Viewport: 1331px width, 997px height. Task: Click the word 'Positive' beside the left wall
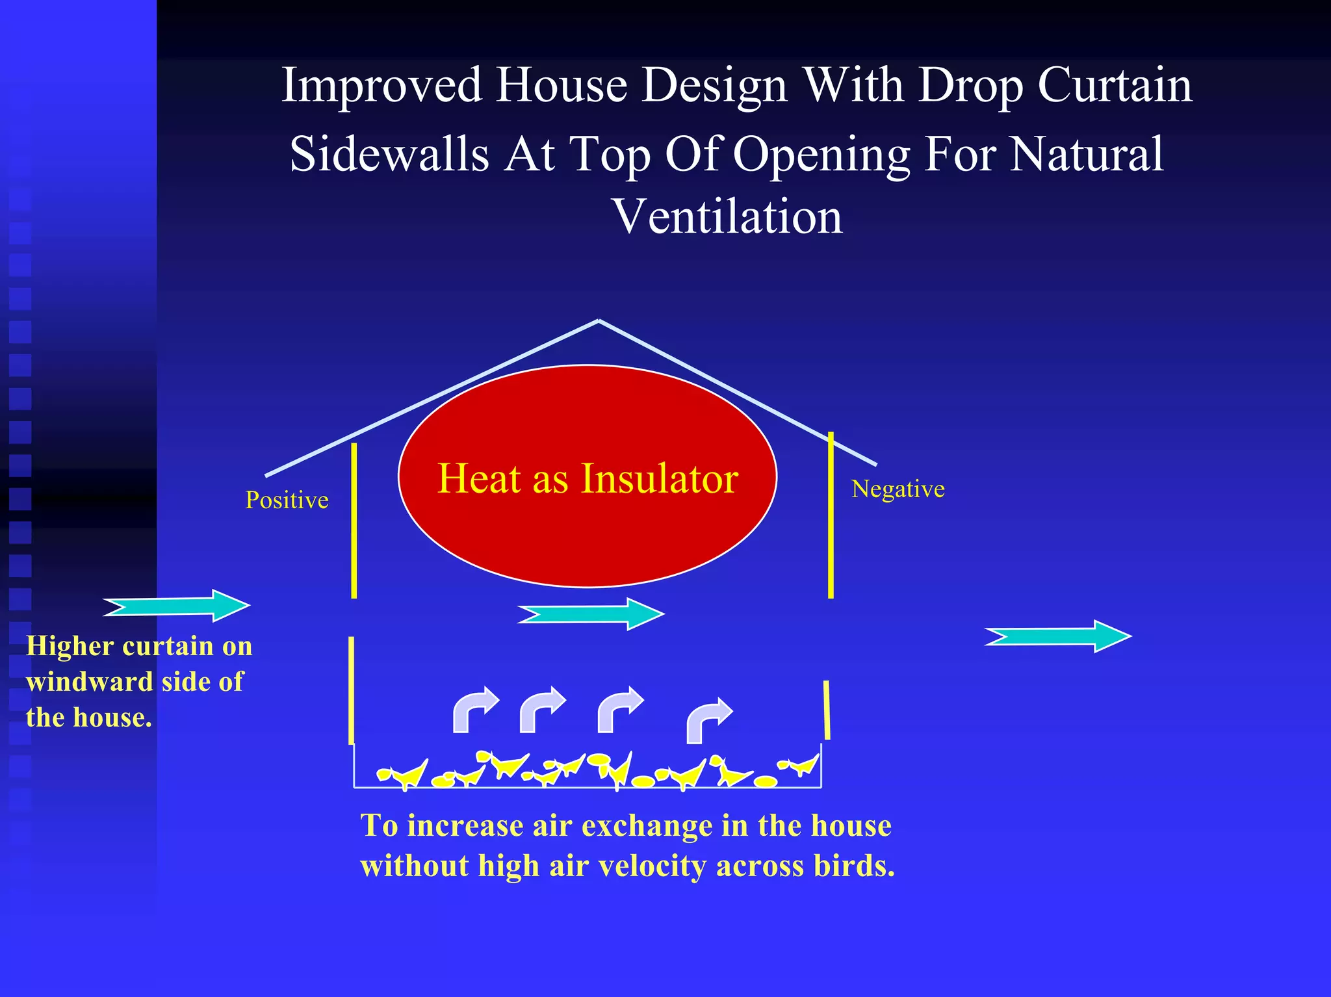[287, 500]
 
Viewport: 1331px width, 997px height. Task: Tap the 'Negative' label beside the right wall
[898, 489]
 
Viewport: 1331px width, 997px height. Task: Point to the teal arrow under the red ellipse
[591, 614]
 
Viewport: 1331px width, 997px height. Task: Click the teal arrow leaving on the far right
[1058, 636]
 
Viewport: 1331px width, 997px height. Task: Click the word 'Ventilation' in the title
[728, 216]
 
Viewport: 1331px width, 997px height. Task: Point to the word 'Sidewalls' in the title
[389, 155]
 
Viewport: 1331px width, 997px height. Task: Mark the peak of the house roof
[599, 320]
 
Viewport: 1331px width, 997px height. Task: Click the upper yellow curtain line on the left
[354, 520]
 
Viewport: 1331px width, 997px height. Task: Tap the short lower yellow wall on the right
[827, 710]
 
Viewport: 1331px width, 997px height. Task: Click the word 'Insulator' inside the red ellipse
[659, 478]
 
